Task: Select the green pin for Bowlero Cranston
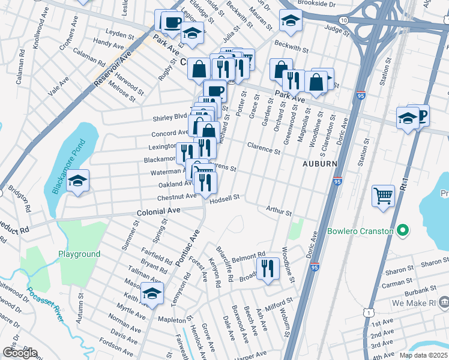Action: click(x=403, y=230)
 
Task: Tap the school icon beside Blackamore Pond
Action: click(x=77, y=182)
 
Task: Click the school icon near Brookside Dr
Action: click(x=291, y=22)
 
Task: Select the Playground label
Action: click(x=79, y=254)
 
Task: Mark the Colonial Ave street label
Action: click(x=158, y=212)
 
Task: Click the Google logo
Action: click(x=19, y=353)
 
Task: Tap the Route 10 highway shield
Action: click(x=343, y=20)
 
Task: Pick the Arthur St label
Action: click(x=279, y=212)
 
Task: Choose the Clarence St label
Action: click(x=264, y=148)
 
